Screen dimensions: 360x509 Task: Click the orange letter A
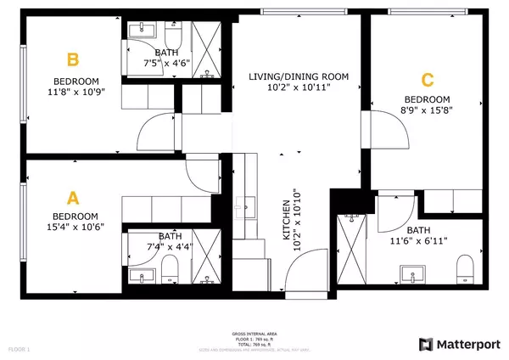[x=73, y=198]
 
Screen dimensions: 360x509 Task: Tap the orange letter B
[x=74, y=60]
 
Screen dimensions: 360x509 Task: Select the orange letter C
[x=428, y=81]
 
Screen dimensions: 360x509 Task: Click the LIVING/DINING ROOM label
[x=299, y=77]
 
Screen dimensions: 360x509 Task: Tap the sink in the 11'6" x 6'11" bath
[x=415, y=274]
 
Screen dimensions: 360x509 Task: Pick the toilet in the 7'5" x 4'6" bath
[x=174, y=36]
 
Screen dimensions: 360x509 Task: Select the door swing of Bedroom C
[x=372, y=133]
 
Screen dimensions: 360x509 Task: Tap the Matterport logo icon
[x=426, y=344]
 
